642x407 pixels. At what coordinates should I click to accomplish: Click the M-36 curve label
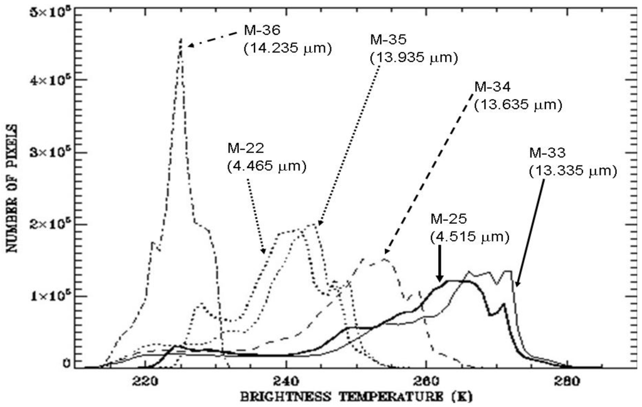tap(259, 31)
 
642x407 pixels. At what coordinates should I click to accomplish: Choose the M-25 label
tap(448, 220)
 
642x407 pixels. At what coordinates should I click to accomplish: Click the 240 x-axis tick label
tap(286, 380)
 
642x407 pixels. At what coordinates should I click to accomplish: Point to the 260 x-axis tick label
tap(426, 380)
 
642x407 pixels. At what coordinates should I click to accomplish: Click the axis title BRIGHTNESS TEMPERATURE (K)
tap(356, 397)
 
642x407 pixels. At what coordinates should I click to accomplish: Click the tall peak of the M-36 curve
tap(181, 40)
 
